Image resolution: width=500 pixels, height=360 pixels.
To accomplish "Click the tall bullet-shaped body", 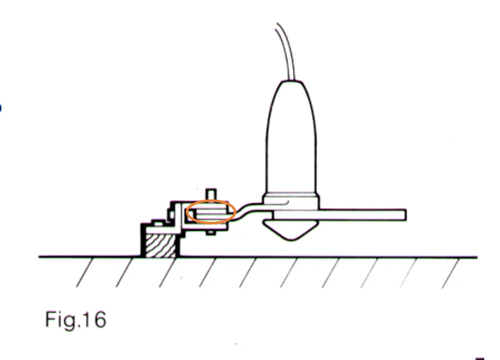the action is coord(291,137).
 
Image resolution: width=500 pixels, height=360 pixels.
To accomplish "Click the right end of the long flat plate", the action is coord(405,215).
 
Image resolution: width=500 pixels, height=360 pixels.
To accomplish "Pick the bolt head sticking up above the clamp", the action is coord(211,194).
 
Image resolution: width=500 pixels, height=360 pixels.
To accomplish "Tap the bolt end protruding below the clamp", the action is coord(211,233).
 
